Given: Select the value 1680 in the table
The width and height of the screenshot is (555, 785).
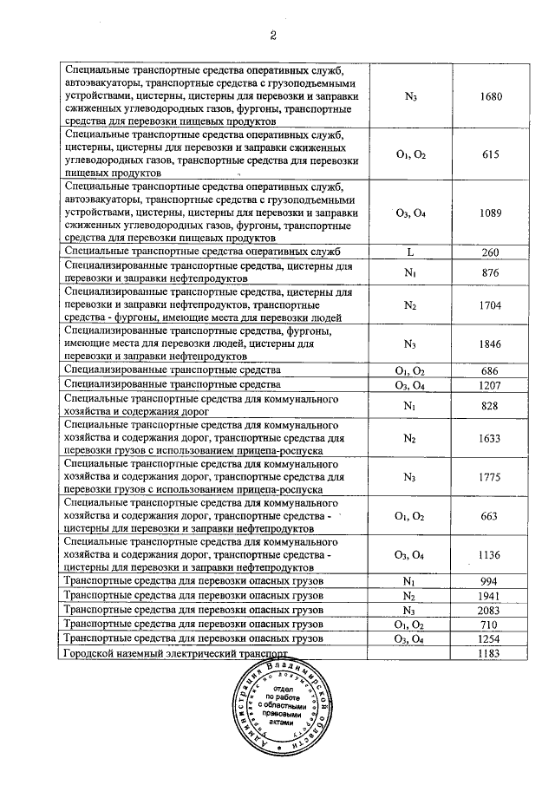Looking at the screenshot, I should click(x=491, y=96).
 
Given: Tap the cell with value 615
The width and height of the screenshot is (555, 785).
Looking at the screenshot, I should click(x=491, y=154).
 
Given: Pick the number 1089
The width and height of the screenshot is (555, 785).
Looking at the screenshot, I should click(x=491, y=213).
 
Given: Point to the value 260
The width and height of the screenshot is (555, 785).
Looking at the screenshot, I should click(x=491, y=252).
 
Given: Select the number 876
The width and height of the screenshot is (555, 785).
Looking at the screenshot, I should click(x=491, y=271).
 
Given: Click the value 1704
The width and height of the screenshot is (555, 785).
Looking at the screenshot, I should click(x=491, y=306).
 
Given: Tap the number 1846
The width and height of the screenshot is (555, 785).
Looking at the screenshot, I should click(x=491, y=344).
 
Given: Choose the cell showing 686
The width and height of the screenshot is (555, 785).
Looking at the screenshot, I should click(x=491, y=370).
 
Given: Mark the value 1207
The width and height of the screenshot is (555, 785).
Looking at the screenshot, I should click(x=491, y=384).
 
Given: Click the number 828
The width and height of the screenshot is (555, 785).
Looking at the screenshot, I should click(x=491, y=405).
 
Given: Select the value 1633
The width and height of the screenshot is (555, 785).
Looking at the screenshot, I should click(x=491, y=439).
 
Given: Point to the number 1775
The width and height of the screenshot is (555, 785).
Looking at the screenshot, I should click(x=491, y=477).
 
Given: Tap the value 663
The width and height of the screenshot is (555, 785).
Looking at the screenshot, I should click(x=491, y=515).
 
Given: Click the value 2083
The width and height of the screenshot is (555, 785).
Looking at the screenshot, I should click(x=491, y=611).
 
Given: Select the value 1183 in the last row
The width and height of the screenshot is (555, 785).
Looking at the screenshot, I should click(x=491, y=652).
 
